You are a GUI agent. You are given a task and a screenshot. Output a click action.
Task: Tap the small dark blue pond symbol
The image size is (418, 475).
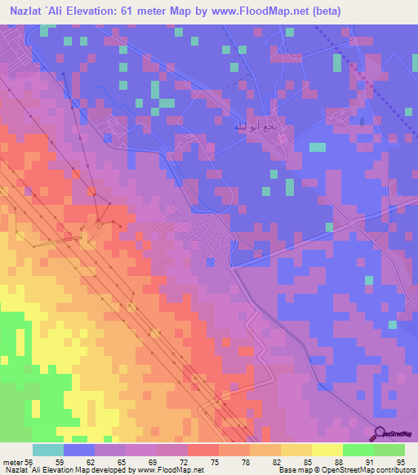click(x=360, y=121)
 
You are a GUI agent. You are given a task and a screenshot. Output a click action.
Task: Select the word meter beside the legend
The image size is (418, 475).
click(x=11, y=461)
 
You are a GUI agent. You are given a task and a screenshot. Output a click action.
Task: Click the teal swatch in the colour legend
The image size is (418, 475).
click(x=48, y=450)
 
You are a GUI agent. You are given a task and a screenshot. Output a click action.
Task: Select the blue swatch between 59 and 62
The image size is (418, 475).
click(x=79, y=450)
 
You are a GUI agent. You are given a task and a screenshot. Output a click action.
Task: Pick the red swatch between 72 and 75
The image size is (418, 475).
click(x=202, y=450)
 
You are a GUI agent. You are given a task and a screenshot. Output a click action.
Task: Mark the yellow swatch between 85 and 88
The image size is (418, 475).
click(x=327, y=450)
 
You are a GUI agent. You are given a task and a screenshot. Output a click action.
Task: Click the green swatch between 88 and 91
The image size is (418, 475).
click(x=358, y=450)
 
